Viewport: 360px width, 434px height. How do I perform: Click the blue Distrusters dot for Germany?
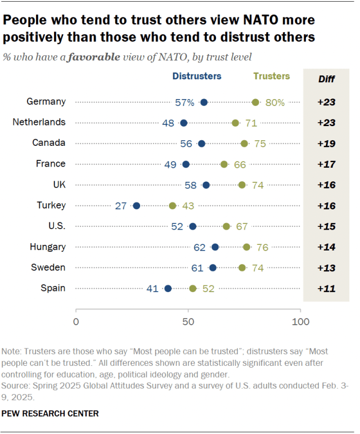[204, 102]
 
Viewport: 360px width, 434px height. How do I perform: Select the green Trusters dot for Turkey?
[173, 205]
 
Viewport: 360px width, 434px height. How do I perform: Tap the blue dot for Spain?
[168, 288]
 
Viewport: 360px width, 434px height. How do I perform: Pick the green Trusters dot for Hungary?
[246, 247]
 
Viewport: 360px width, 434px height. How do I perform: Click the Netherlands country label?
[46, 122]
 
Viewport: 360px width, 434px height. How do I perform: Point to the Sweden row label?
[52, 267]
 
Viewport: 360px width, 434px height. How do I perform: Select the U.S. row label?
[57, 226]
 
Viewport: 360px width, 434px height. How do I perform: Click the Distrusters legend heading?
[196, 77]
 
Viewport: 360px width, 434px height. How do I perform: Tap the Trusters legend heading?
[272, 76]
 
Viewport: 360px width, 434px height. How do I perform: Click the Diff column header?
[326, 79]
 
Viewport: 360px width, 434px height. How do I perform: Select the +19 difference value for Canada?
[326, 144]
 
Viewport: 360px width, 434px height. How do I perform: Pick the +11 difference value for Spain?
[326, 288]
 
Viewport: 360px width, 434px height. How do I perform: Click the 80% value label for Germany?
[274, 102]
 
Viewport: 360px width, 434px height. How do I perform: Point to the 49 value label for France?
[171, 164]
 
